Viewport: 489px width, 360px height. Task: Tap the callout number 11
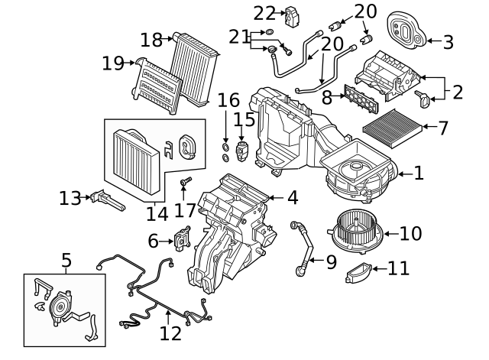pos(397,268)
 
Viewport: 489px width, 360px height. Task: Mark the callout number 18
pos(151,39)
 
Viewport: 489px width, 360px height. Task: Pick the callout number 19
pos(113,63)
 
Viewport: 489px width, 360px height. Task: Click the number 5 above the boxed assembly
pos(66,261)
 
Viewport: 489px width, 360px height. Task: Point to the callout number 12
pos(171,334)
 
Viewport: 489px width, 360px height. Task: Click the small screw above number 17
pos(184,183)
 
